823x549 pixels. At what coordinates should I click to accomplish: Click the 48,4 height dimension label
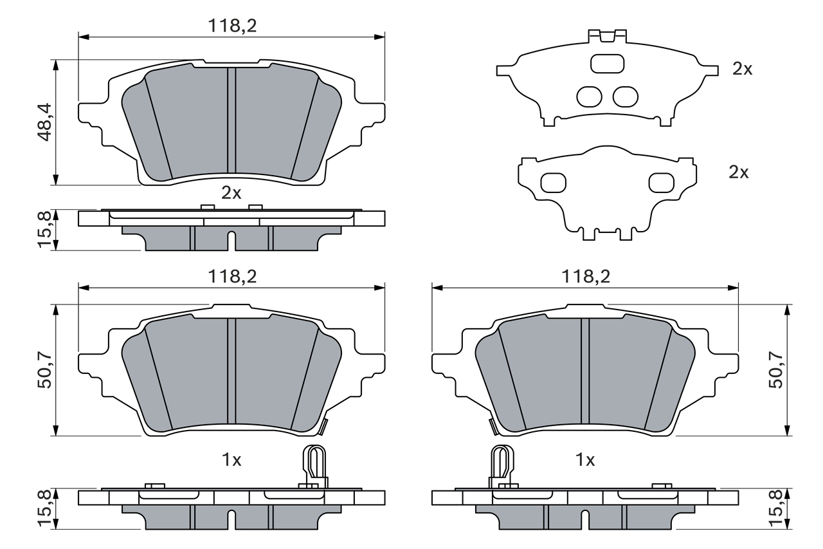click(x=46, y=122)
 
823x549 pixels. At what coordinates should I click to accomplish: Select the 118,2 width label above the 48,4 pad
click(x=231, y=26)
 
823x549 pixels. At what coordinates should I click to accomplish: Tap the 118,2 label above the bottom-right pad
click(x=585, y=276)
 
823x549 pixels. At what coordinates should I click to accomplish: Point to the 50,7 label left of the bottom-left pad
click(x=46, y=369)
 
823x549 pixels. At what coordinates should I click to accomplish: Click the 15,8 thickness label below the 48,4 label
click(x=46, y=230)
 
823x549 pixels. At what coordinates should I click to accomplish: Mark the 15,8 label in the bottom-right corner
click(x=777, y=508)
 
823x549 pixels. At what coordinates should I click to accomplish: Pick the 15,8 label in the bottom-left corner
click(x=46, y=508)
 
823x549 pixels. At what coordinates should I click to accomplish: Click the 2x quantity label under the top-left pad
click(x=231, y=192)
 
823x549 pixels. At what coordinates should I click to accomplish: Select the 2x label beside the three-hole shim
click(x=743, y=70)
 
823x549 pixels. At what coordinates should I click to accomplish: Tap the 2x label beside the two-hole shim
click(x=739, y=172)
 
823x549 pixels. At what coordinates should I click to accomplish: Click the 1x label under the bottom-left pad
click(x=231, y=460)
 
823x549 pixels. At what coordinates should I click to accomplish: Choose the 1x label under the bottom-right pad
click(x=585, y=460)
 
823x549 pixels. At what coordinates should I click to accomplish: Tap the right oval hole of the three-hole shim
click(x=625, y=96)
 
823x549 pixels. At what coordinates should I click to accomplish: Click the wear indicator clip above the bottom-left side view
click(x=314, y=465)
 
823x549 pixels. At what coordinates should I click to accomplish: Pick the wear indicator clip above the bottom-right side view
click(x=502, y=465)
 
